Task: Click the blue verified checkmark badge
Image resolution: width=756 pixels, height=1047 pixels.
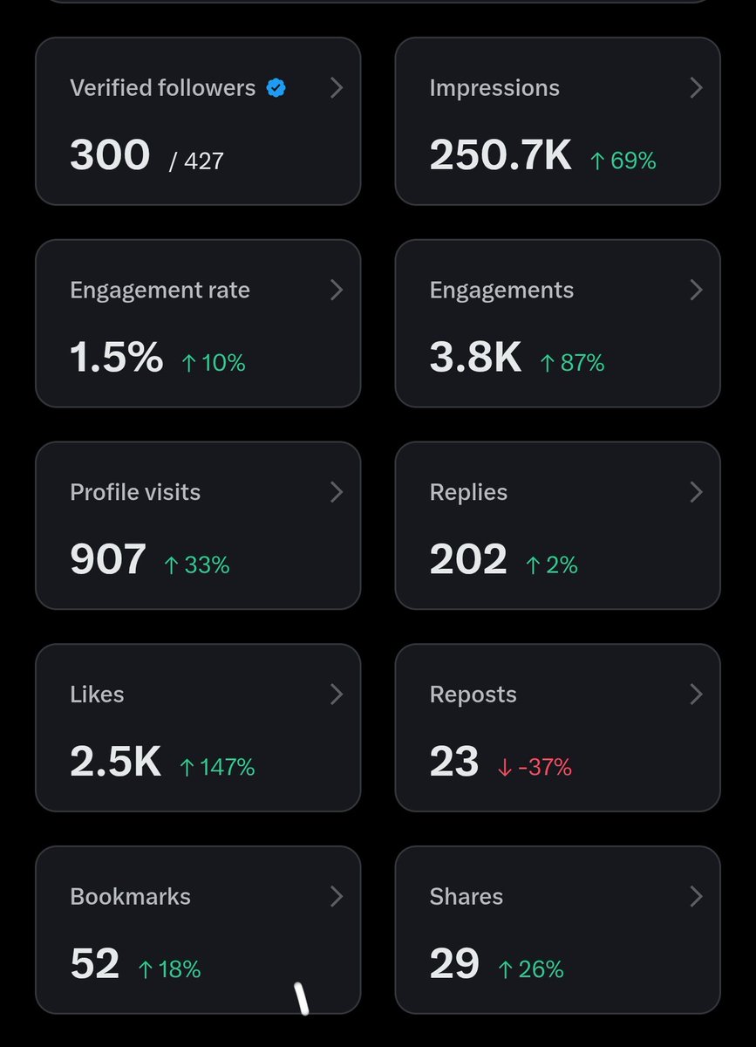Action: pos(276,88)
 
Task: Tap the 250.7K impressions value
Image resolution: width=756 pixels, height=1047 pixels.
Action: pos(500,154)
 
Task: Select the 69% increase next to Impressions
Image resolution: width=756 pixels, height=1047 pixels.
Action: pos(623,161)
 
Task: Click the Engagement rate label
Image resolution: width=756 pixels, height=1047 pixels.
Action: pos(160,291)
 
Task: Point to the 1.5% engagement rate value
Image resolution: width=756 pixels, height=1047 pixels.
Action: pos(116,357)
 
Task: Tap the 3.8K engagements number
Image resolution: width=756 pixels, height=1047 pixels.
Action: pos(475,357)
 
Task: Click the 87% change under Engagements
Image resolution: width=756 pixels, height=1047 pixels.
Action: pos(572,363)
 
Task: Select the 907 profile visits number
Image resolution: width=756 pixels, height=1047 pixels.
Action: pos(108,559)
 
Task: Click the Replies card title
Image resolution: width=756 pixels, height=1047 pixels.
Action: pos(468,492)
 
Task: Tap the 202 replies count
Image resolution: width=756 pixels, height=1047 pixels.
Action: pos(468,559)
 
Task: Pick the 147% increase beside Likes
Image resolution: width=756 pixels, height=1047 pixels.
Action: pos(218,767)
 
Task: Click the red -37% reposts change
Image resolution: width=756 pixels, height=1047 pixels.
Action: pos(535,767)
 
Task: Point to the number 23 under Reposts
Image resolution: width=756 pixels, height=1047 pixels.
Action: pos(454,762)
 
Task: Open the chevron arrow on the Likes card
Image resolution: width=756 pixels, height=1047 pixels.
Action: pos(337,695)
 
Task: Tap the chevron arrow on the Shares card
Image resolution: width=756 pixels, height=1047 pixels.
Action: pos(696,897)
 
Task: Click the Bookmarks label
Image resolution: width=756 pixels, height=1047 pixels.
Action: pos(131,897)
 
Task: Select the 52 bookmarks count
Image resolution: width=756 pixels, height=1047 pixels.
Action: pos(95,963)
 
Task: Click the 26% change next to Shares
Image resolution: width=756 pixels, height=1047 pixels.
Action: pos(531,969)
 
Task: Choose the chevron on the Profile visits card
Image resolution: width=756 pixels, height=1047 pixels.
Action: pos(337,492)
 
